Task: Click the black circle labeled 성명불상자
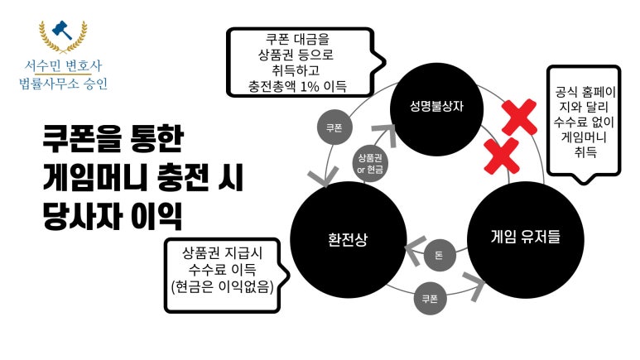point(435,108)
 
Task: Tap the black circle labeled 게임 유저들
point(525,238)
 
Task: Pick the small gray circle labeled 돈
point(439,255)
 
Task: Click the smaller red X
point(500,154)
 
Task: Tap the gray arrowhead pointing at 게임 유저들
point(476,285)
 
